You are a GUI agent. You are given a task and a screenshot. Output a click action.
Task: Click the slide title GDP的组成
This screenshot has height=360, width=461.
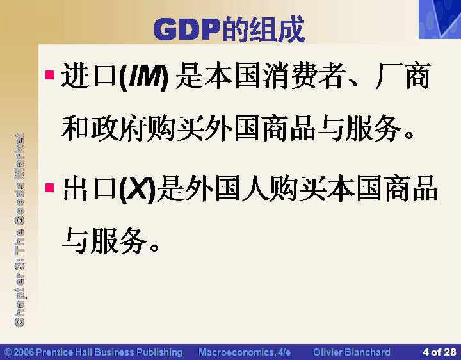click(229, 29)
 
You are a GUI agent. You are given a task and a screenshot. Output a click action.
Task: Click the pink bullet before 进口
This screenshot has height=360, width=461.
click(50, 75)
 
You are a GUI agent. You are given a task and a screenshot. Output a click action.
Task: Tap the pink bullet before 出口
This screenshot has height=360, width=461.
click(50, 187)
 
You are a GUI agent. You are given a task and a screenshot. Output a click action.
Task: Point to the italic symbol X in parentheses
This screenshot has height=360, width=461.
click(138, 189)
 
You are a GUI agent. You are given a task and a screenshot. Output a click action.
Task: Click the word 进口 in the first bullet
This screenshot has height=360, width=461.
click(90, 76)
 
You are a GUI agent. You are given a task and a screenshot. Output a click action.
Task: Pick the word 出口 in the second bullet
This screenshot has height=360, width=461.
click(90, 188)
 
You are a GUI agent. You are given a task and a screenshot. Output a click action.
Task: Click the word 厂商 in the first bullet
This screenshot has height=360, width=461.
click(403, 76)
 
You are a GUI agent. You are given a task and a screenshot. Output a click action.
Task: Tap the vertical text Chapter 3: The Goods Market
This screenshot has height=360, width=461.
click(20, 230)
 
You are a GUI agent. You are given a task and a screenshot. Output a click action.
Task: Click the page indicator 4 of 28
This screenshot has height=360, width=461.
click(439, 352)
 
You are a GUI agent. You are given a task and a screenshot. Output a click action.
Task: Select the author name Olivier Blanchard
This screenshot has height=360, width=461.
click(352, 352)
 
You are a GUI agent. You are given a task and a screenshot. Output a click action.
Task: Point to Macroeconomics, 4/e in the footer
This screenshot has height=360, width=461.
click(245, 352)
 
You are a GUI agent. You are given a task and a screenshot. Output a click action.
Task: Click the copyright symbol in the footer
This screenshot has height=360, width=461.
click(8, 352)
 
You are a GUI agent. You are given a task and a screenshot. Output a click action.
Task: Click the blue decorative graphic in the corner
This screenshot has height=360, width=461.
click(440, 19)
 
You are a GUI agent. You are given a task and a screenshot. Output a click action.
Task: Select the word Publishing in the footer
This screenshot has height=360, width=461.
click(159, 352)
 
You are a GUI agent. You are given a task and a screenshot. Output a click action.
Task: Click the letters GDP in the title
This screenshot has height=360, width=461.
click(187, 29)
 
